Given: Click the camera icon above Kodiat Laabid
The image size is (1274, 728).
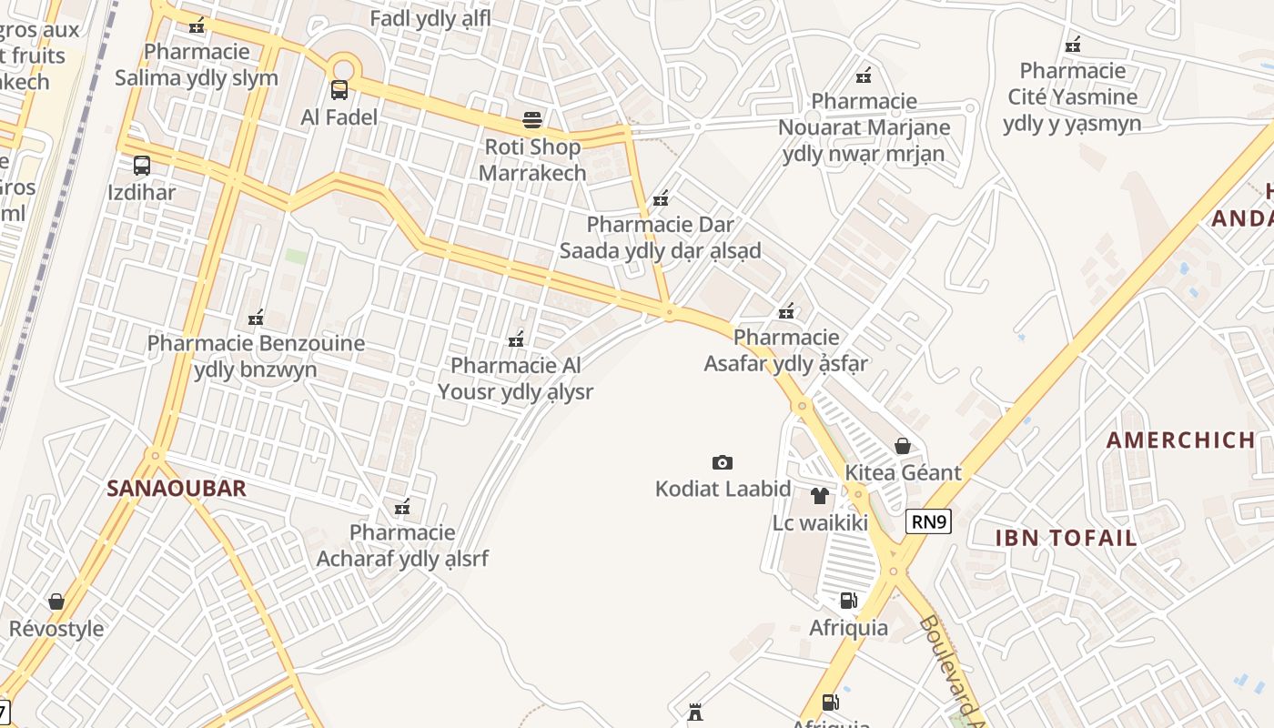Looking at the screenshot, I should coord(723,462).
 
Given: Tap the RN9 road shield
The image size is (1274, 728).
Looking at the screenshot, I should coord(928,521).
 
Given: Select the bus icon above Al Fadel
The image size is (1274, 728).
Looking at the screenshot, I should coord(339,90).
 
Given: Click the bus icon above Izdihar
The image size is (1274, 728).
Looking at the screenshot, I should coord(142,166).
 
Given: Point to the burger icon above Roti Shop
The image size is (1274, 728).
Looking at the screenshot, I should coord(532,119).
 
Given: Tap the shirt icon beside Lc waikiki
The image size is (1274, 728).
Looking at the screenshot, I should coord(819,496).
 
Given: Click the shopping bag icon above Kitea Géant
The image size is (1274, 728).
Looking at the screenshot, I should coord(903,446).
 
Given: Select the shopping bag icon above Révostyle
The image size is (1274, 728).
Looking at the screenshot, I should coord(56,602).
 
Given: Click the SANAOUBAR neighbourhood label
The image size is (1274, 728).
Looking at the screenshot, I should coord(177,489).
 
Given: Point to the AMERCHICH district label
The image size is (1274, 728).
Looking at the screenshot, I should coord(1180,440).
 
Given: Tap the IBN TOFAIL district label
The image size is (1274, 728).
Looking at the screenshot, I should coord(1066,538).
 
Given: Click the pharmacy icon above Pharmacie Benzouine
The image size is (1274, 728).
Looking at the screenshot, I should coord(256,318).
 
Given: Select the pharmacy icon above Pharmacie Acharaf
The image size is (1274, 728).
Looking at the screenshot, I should coord(401,507).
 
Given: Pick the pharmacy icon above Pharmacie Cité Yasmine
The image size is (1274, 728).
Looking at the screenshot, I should coord(1073,44).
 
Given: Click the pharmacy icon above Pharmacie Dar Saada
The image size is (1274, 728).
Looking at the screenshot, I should coord(661,197).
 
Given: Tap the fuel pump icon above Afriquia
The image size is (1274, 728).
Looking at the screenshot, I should coord(848,601).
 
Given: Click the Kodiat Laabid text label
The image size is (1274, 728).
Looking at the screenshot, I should coord(723,490).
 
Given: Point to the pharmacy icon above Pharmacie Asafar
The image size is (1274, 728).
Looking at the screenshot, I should coord(786,311).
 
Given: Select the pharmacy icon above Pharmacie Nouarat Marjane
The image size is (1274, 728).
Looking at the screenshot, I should coord(864,75).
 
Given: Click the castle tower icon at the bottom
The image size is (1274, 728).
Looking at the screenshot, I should coord(696,712).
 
